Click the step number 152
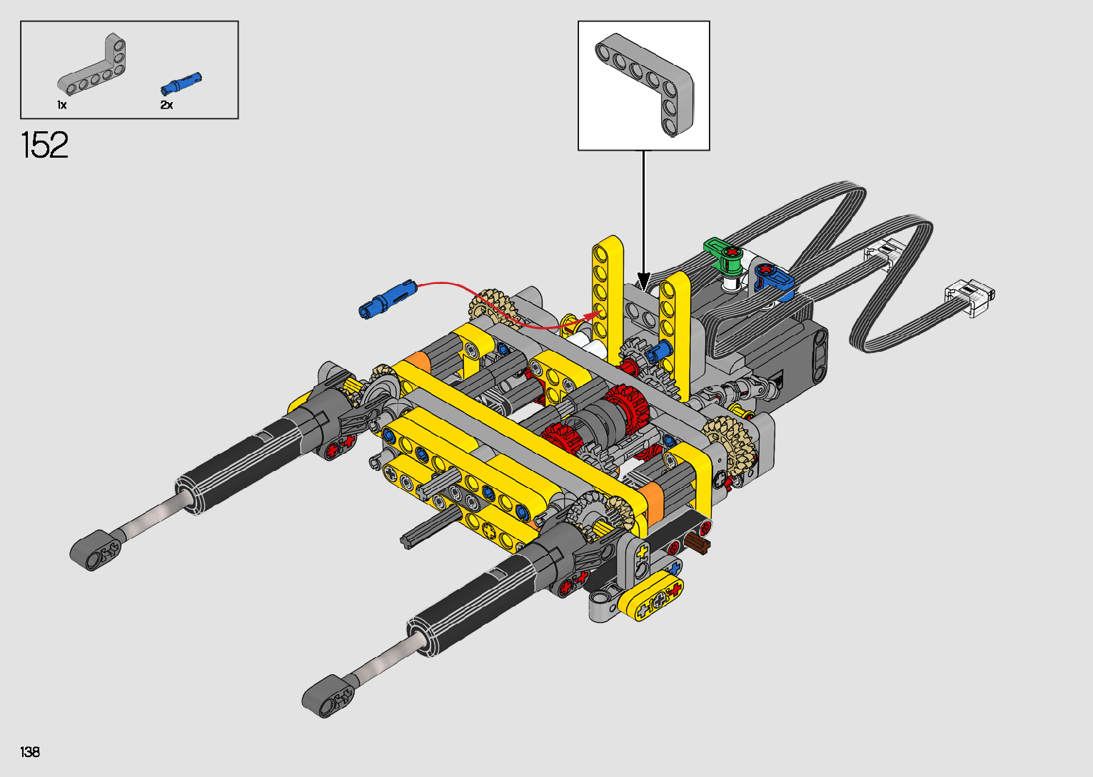pos(44,145)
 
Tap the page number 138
pos(30,751)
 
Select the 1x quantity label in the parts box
pos(62,105)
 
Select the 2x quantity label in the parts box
pos(166,105)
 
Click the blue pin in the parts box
pos(181,83)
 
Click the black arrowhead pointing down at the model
pos(644,282)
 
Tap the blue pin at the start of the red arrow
pos(388,299)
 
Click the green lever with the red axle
pos(725,255)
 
